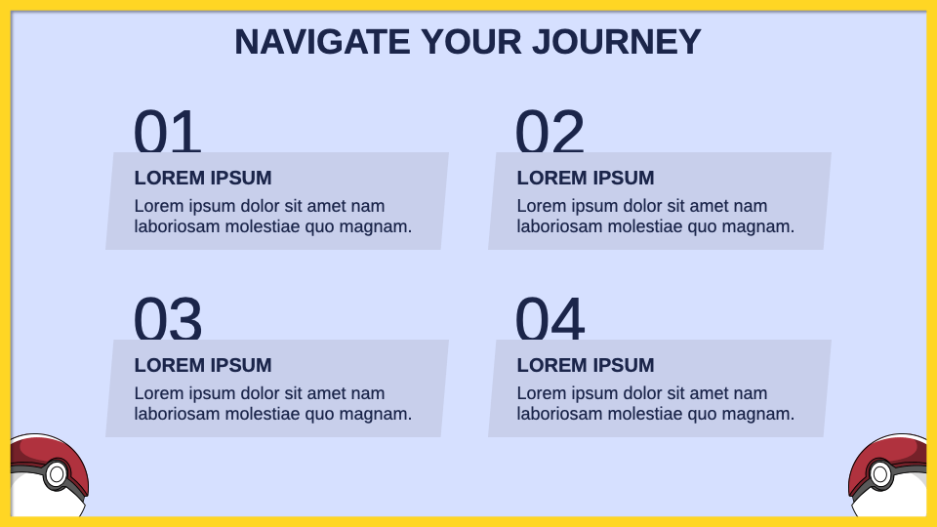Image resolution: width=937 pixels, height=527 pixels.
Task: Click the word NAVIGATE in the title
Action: click(x=322, y=42)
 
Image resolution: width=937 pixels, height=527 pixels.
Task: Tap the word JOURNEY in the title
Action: click(x=616, y=42)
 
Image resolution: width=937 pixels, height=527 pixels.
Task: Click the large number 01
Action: click(x=167, y=131)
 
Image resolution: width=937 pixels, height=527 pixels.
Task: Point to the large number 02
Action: click(x=550, y=131)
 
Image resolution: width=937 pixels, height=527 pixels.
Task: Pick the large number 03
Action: click(x=167, y=318)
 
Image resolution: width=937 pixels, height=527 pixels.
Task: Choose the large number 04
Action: click(x=550, y=318)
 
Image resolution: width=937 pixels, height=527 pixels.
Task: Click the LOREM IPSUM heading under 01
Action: click(x=203, y=178)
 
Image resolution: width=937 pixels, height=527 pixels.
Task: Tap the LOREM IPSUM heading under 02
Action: click(x=586, y=178)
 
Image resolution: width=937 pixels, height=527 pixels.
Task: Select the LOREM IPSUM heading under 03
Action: click(x=203, y=365)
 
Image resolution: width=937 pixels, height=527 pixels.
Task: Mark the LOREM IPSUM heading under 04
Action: click(x=586, y=365)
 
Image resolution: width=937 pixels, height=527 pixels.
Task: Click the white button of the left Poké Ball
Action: click(x=57, y=474)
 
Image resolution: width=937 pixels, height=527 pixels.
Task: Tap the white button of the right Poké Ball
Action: click(x=880, y=474)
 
